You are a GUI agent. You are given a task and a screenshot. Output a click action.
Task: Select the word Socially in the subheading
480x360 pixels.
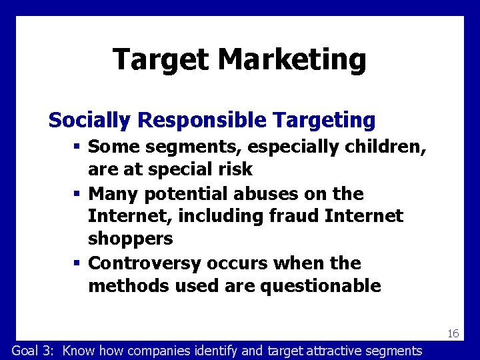click(90, 121)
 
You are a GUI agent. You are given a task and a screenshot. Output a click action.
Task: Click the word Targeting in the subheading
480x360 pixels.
click(325, 121)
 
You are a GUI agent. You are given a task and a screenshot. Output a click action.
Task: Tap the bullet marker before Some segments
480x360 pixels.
click(78, 145)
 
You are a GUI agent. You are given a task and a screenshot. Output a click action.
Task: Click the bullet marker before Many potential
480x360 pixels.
click(78, 194)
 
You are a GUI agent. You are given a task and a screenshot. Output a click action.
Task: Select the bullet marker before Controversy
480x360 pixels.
click(78, 263)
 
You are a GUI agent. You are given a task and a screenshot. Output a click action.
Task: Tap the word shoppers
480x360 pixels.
click(131, 239)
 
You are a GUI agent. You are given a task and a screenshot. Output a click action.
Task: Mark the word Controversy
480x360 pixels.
click(145, 263)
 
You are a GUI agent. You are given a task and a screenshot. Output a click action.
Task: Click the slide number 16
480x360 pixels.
click(453, 333)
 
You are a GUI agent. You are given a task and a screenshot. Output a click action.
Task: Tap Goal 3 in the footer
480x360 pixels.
click(35, 351)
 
